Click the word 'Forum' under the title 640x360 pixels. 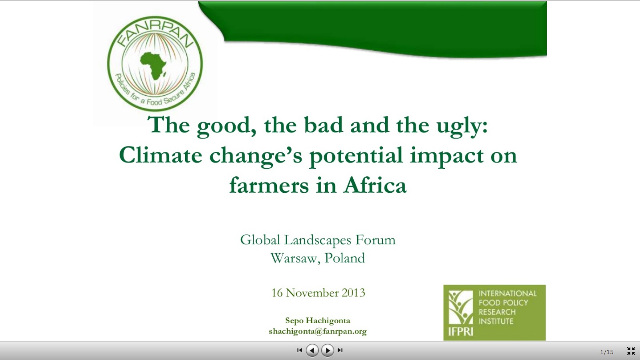pyautogui.click(x=376, y=240)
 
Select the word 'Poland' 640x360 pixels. pyautogui.click(x=345, y=258)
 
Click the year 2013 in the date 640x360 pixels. pyautogui.click(x=354, y=292)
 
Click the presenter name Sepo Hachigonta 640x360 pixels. pyautogui.click(x=318, y=320)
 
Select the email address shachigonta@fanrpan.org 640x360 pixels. pyautogui.click(x=318, y=332)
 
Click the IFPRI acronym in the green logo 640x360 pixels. pyautogui.click(x=460, y=332)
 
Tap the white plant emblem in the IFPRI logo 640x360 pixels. pyautogui.click(x=460, y=308)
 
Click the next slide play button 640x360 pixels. pyautogui.click(x=328, y=350)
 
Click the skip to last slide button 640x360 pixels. pyautogui.click(x=340, y=350)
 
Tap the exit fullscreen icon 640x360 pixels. pyautogui.click(x=631, y=351)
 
